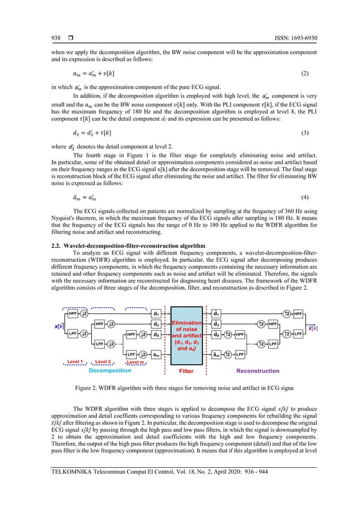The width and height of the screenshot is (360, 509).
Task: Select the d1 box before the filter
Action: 156,313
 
